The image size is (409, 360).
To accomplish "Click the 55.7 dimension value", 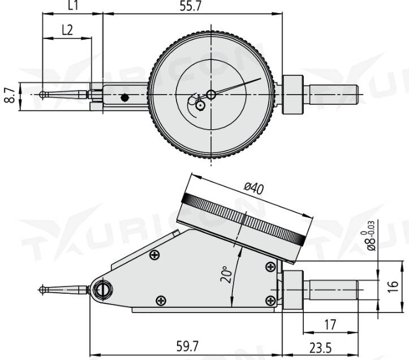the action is click(x=191, y=6).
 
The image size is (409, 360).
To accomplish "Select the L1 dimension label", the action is click(x=74, y=5).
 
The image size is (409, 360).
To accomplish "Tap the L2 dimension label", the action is click(x=67, y=30).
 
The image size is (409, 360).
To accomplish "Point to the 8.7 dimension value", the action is click(x=10, y=96).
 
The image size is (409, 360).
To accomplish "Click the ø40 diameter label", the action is click(x=254, y=188).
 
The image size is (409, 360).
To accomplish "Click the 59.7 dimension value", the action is click(x=187, y=347).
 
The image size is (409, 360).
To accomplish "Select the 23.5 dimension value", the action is click(x=321, y=348).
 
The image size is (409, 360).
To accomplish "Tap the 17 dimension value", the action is click(x=330, y=325).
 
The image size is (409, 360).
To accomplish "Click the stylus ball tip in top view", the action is click(x=42, y=95).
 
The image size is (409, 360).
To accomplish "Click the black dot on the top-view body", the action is click(x=125, y=98).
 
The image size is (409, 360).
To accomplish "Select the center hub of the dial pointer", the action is click(x=211, y=95).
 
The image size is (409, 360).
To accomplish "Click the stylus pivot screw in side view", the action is click(x=104, y=290).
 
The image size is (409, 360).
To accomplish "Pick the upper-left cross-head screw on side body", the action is click(x=154, y=255).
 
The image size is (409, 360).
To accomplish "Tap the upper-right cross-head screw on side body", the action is click(x=270, y=267).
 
